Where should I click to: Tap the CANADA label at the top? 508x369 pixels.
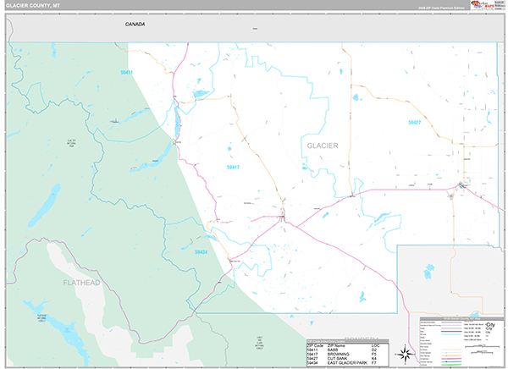click(x=135, y=25)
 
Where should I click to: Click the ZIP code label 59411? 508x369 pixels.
click(x=127, y=73)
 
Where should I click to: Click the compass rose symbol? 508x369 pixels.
click(x=406, y=353)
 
